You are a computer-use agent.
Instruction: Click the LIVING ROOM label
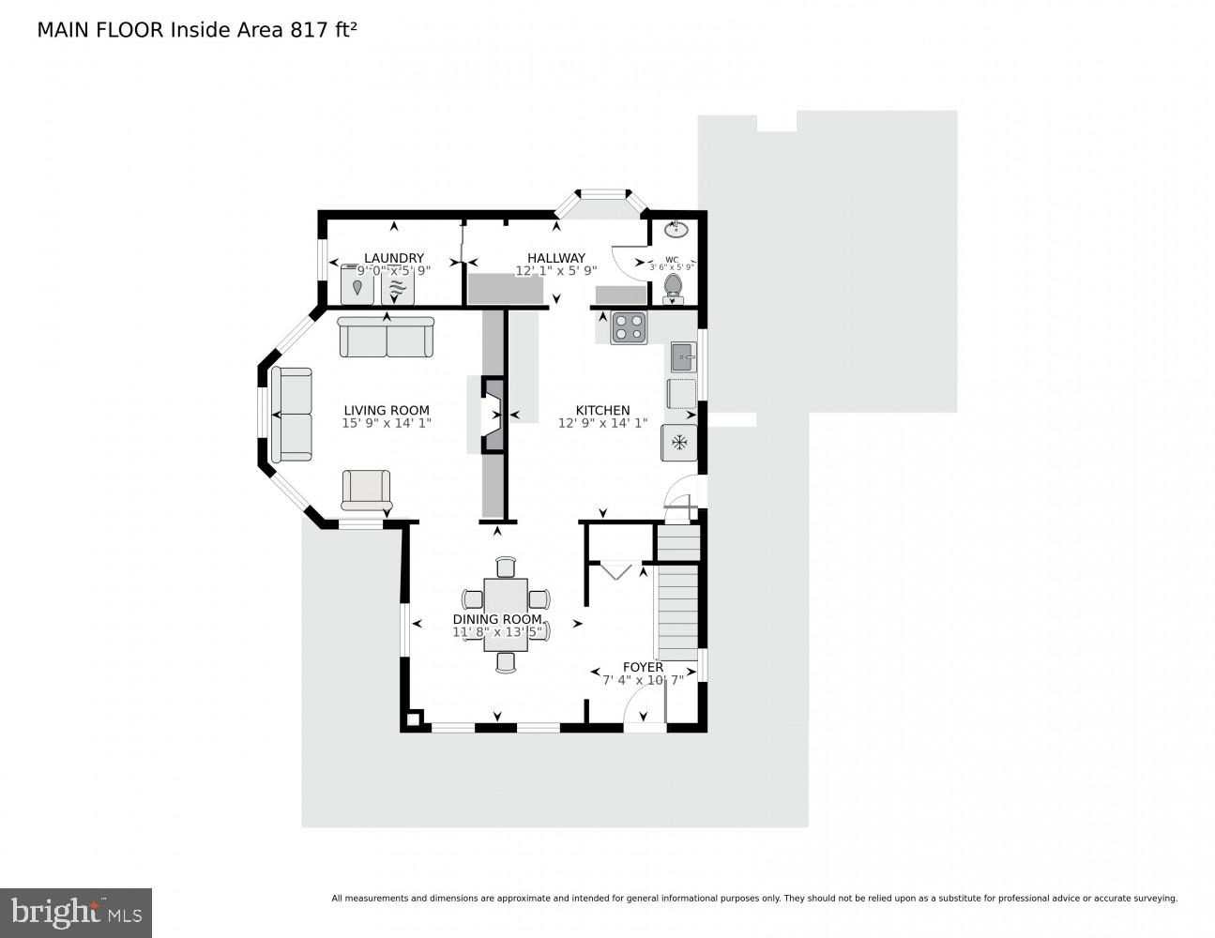386,410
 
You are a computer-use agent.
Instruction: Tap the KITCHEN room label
602,410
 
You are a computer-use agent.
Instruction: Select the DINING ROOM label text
497,619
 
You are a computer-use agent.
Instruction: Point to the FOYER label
643,667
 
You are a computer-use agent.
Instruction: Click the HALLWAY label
555,258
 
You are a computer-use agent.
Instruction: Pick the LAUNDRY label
394,258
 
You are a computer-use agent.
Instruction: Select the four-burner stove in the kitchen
629,327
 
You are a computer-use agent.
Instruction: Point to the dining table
506,613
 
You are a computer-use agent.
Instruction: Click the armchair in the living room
366,490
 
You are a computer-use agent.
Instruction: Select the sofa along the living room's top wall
387,337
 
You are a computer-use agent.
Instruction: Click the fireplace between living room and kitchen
492,414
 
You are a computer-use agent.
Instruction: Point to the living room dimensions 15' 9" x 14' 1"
386,423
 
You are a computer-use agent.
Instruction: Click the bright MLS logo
76,913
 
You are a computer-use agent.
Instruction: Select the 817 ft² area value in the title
325,30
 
